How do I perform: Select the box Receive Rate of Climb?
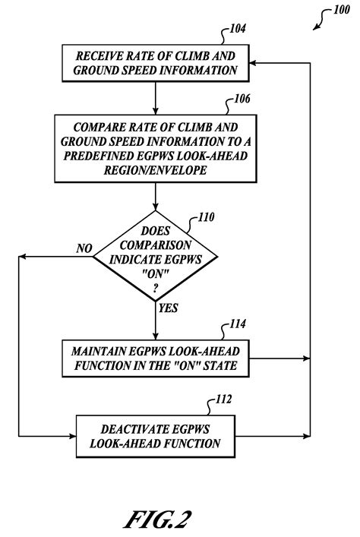pyautogui.click(x=155, y=62)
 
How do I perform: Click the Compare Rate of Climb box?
pyautogui.click(x=155, y=149)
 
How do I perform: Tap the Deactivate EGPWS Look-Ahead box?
pyautogui.click(x=155, y=434)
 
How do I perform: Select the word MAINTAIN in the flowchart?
pyautogui.click(x=99, y=351)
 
